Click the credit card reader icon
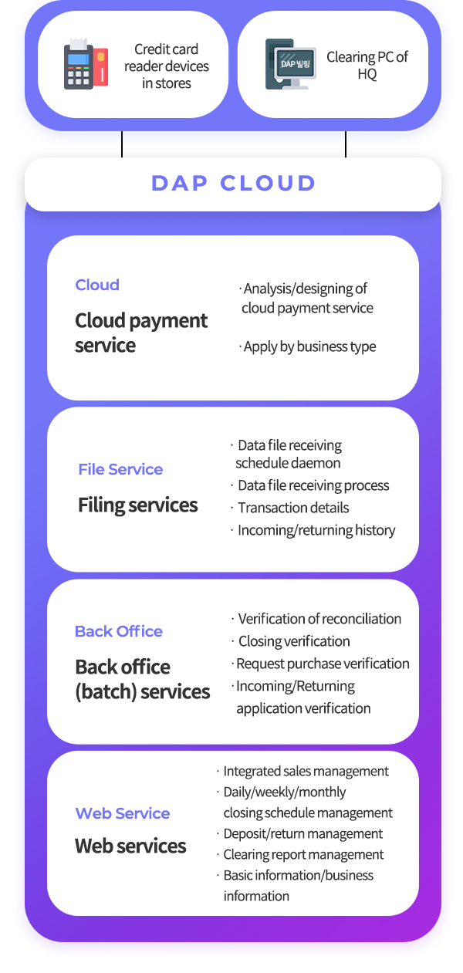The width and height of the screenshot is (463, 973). (86, 64)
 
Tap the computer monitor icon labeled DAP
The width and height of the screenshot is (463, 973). (291, 64)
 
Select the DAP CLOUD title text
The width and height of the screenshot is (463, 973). (233, 184)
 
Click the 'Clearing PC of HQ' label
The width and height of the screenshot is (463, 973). (367, 65)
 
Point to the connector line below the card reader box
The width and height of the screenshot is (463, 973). (122, 144)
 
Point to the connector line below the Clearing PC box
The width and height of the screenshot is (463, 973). (346, 144)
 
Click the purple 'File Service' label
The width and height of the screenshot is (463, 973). (120, 469)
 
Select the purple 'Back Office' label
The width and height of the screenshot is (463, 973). (119, 631)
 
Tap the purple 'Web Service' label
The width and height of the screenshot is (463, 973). (123, 813)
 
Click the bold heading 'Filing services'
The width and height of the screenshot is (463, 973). (137, 505)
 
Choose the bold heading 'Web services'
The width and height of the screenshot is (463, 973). (130, 846)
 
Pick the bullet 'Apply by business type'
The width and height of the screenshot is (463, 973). (309, 347)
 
